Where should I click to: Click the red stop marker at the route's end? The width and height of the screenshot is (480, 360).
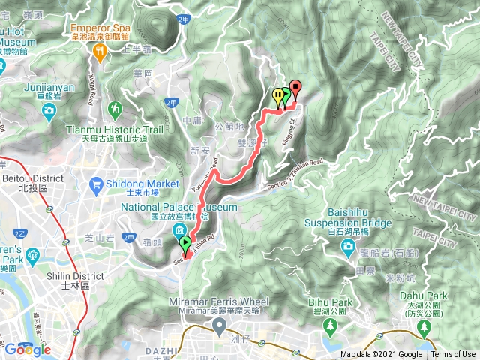coord(295,88)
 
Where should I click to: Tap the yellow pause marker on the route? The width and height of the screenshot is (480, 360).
coord(278,96)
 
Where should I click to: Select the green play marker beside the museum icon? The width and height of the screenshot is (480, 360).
coord(184,243)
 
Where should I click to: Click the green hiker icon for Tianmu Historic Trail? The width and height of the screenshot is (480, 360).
coord(114,109)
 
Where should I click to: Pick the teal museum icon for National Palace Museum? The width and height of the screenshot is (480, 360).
coord(181,230)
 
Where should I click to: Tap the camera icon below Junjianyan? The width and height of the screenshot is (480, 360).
coord(49,112)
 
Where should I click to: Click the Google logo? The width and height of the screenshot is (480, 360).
coord(27,349)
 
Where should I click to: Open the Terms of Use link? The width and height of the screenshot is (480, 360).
coord(452,355)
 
